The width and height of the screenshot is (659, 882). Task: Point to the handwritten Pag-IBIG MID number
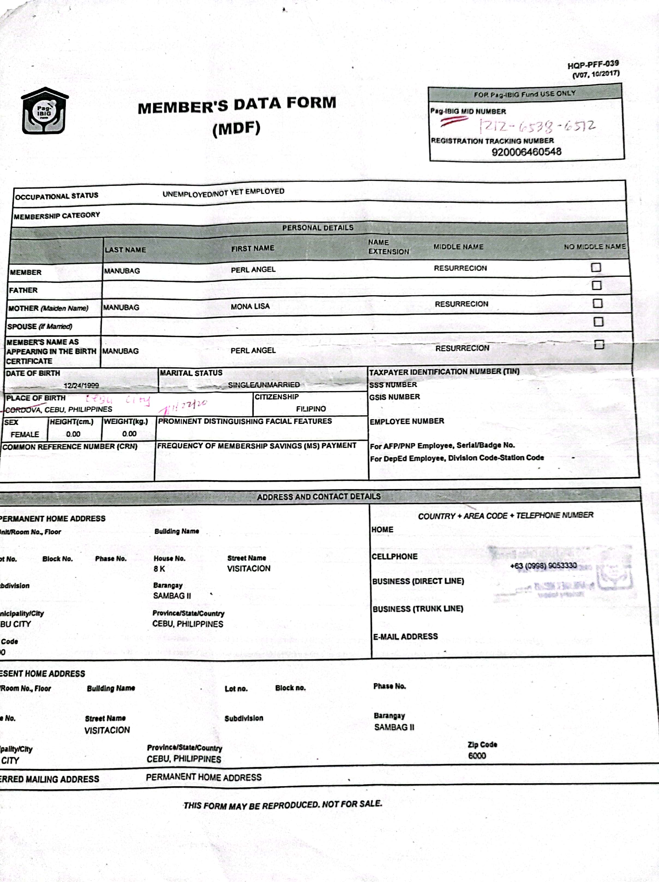[x=537, y=126]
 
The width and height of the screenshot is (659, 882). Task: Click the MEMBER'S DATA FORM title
[x=237, y=105]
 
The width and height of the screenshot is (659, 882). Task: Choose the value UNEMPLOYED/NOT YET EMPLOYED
[x=223, y=193]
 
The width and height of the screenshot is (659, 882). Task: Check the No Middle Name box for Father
[x=597, y=285]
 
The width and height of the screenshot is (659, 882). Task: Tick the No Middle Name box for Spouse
[x=598, y=322]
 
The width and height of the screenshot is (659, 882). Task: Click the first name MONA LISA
[x=250, y=306]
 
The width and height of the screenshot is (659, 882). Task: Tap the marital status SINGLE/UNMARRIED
[x=264, y=385]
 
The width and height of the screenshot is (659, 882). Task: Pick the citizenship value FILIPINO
[x=311, y=409]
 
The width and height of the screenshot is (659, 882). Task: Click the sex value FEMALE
[x=25, y=434]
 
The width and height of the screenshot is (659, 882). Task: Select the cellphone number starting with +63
[x=543, y=565]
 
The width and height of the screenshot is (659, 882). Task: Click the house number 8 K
[x=159, y=569]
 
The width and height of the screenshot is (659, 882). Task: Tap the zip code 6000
[x=477, y=756]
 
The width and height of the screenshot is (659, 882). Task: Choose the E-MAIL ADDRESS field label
[x=405, y=636]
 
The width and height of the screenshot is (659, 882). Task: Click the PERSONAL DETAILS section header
[x=317, y=228]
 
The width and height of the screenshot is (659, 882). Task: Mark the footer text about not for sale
[x=283, y=805]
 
